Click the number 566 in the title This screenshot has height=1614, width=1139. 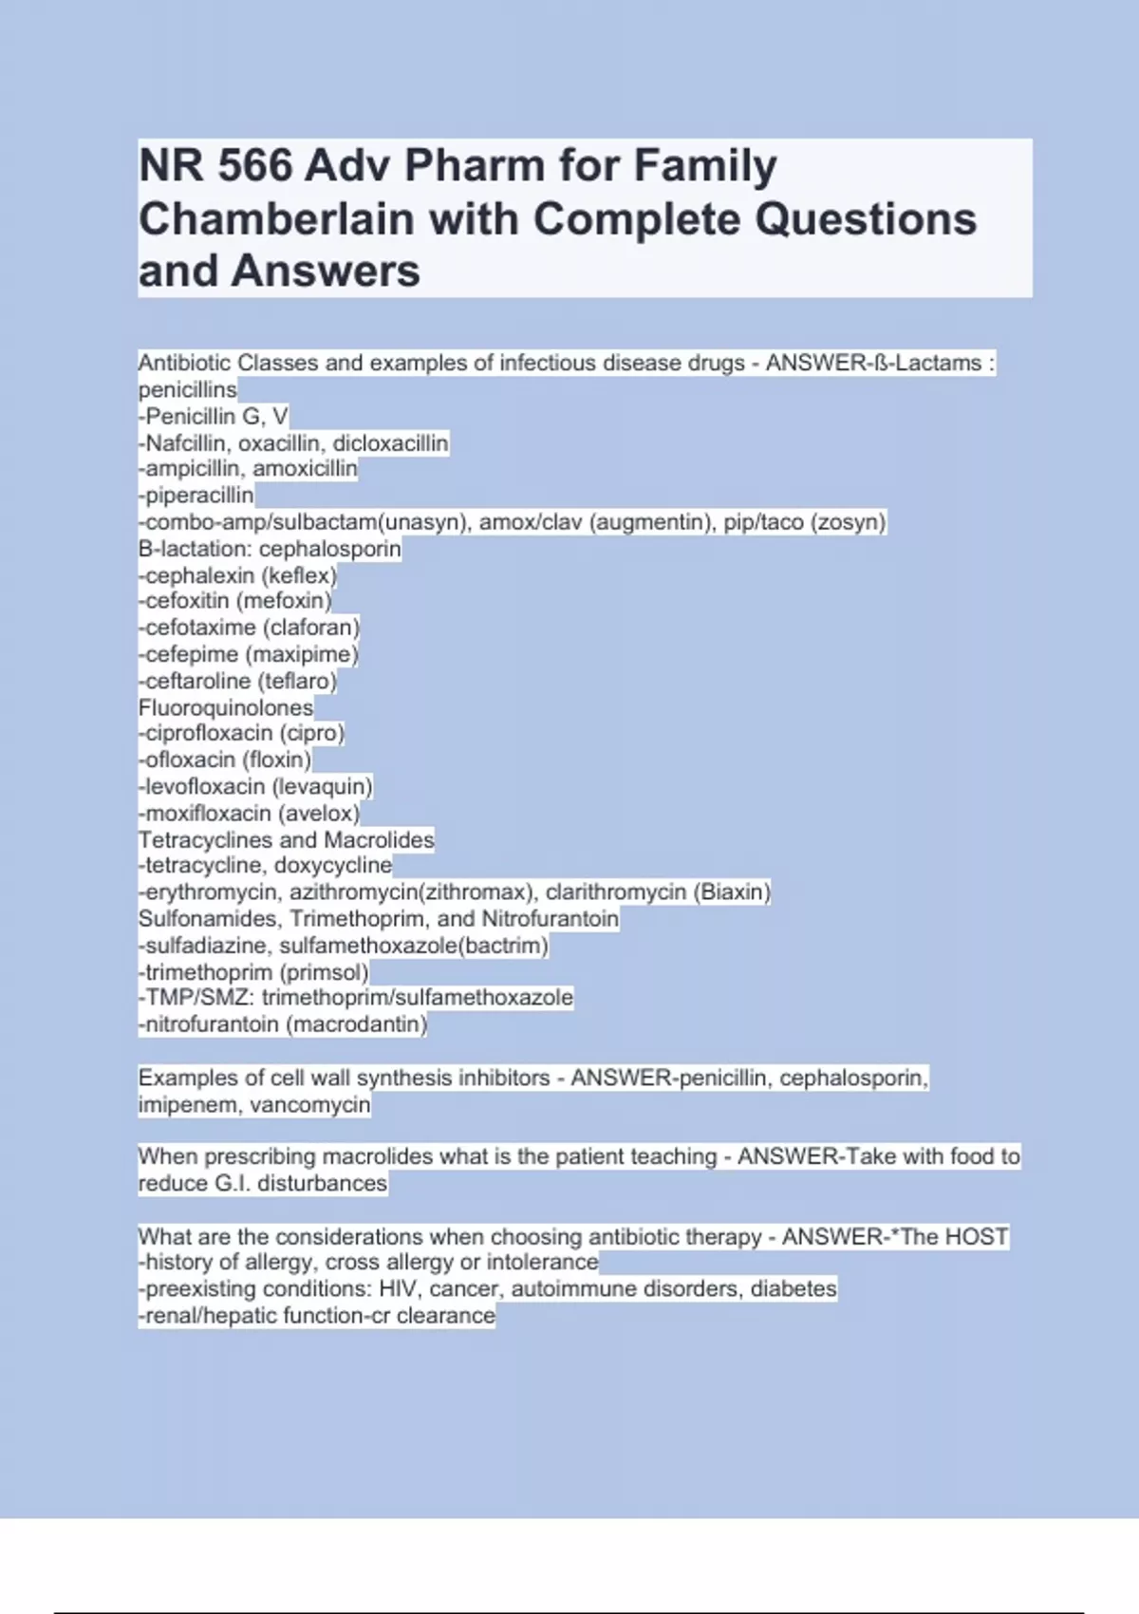pos(255,166)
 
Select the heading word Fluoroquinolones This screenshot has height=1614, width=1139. pos(226,707)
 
